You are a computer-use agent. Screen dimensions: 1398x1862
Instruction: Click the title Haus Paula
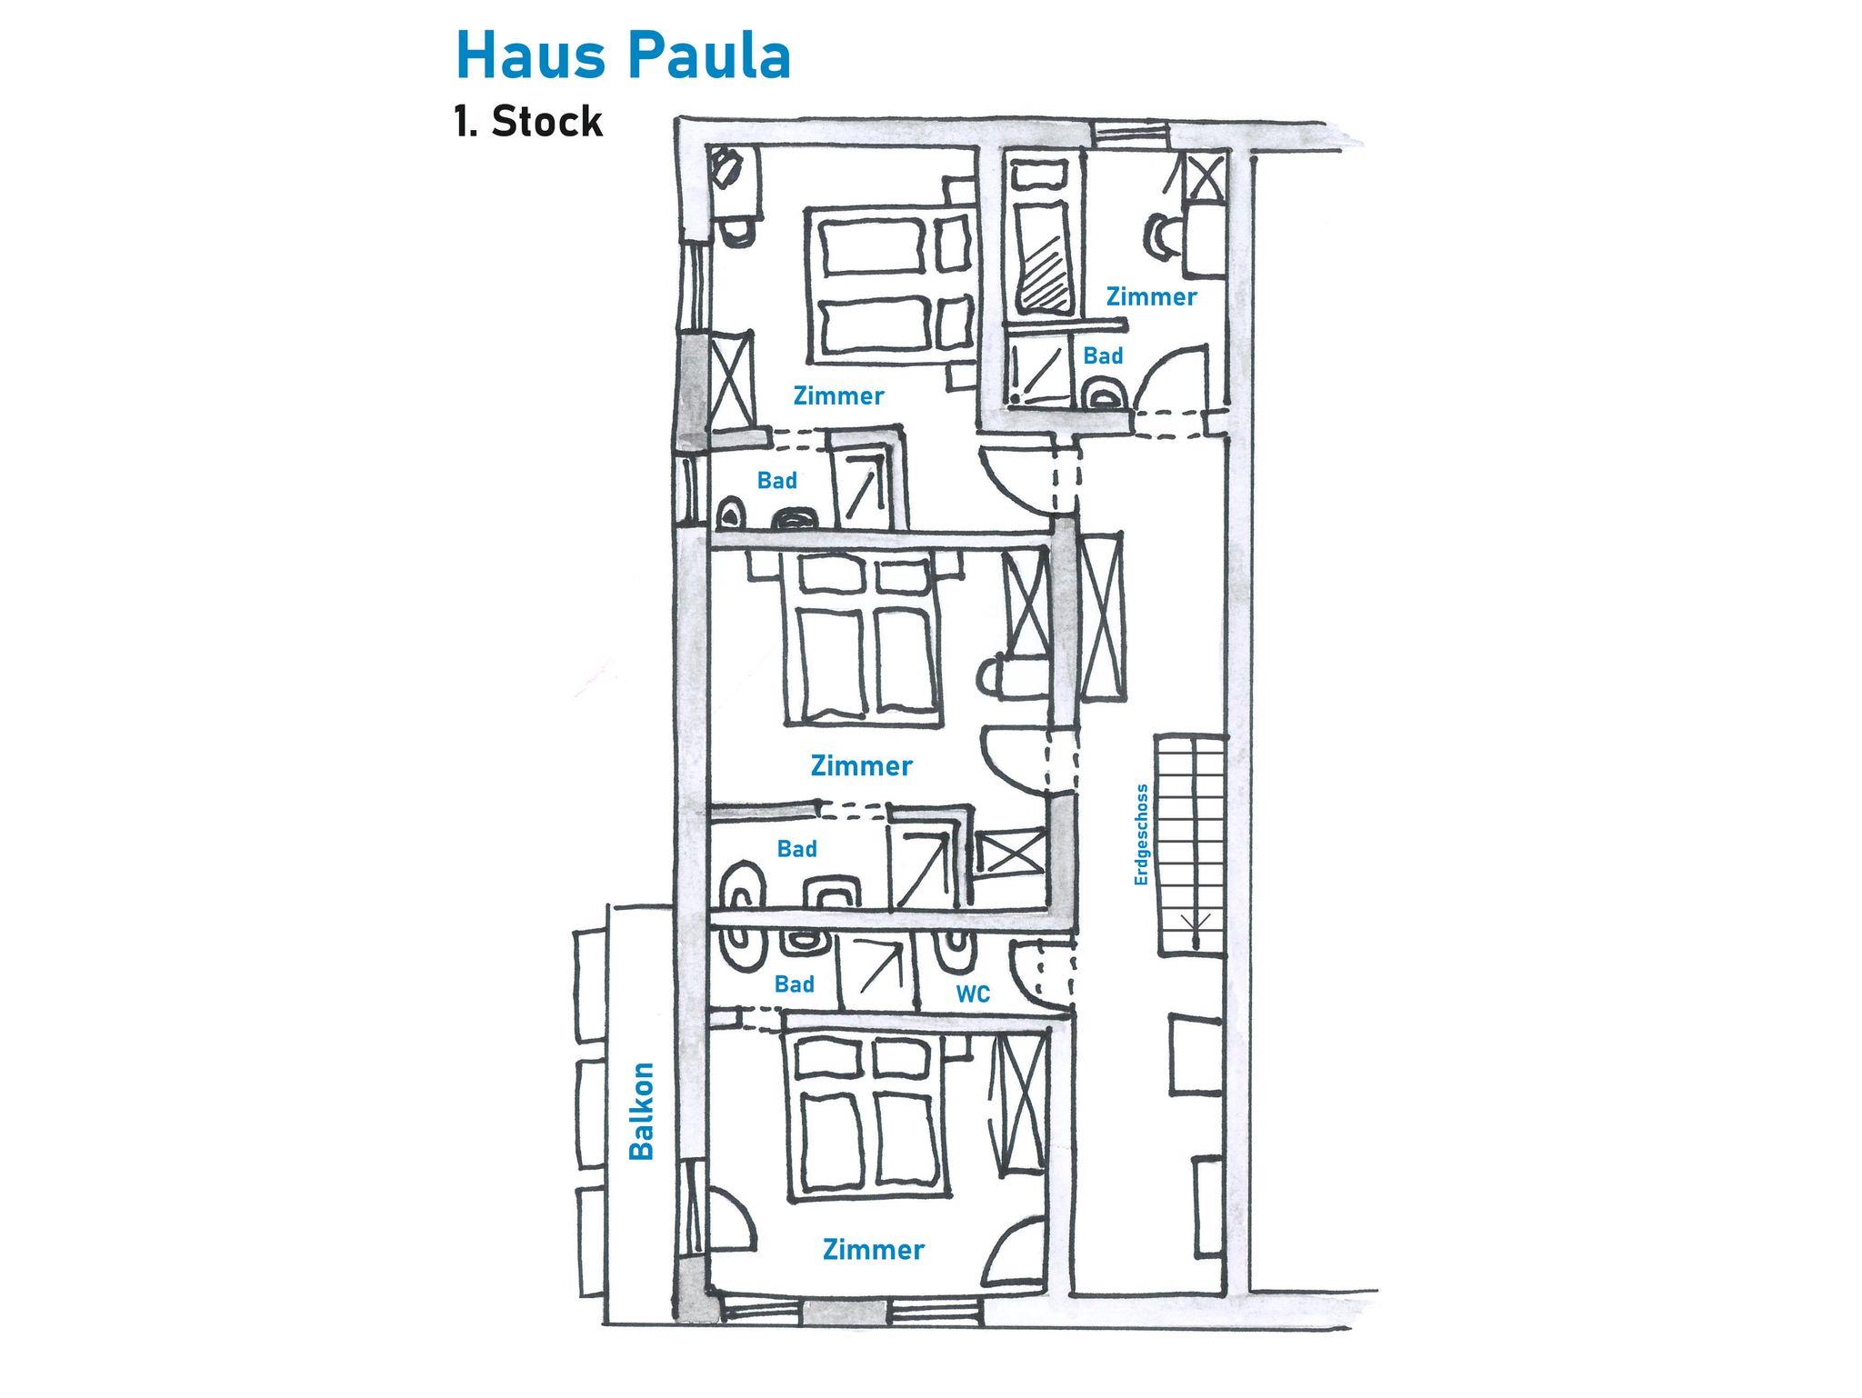click(x=623, y=56)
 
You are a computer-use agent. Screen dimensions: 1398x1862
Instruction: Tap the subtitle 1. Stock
click(x=528, y=122)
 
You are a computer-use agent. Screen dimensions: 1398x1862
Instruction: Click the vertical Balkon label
click(x=643, y=1111)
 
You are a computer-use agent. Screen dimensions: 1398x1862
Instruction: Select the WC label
click(x=973, y=994)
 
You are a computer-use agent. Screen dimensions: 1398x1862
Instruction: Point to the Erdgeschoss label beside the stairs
click(x=1142, y=834)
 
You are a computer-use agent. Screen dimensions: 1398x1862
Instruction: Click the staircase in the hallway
click(x=1189, y=844)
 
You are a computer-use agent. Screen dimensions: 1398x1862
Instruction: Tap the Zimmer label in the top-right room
click(x=1151, y=296)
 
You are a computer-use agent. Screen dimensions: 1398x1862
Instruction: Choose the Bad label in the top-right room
click(x=1103, y=356)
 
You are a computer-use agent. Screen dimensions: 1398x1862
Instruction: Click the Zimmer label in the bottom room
click(x=873, y=1250)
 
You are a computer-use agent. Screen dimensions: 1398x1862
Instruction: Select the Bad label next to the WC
click(x=794, y=984)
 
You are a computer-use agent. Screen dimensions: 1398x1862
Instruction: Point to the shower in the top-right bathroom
click(x=1036, y=368)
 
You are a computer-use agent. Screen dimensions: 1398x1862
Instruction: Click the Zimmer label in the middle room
click(x=861, y=765)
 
